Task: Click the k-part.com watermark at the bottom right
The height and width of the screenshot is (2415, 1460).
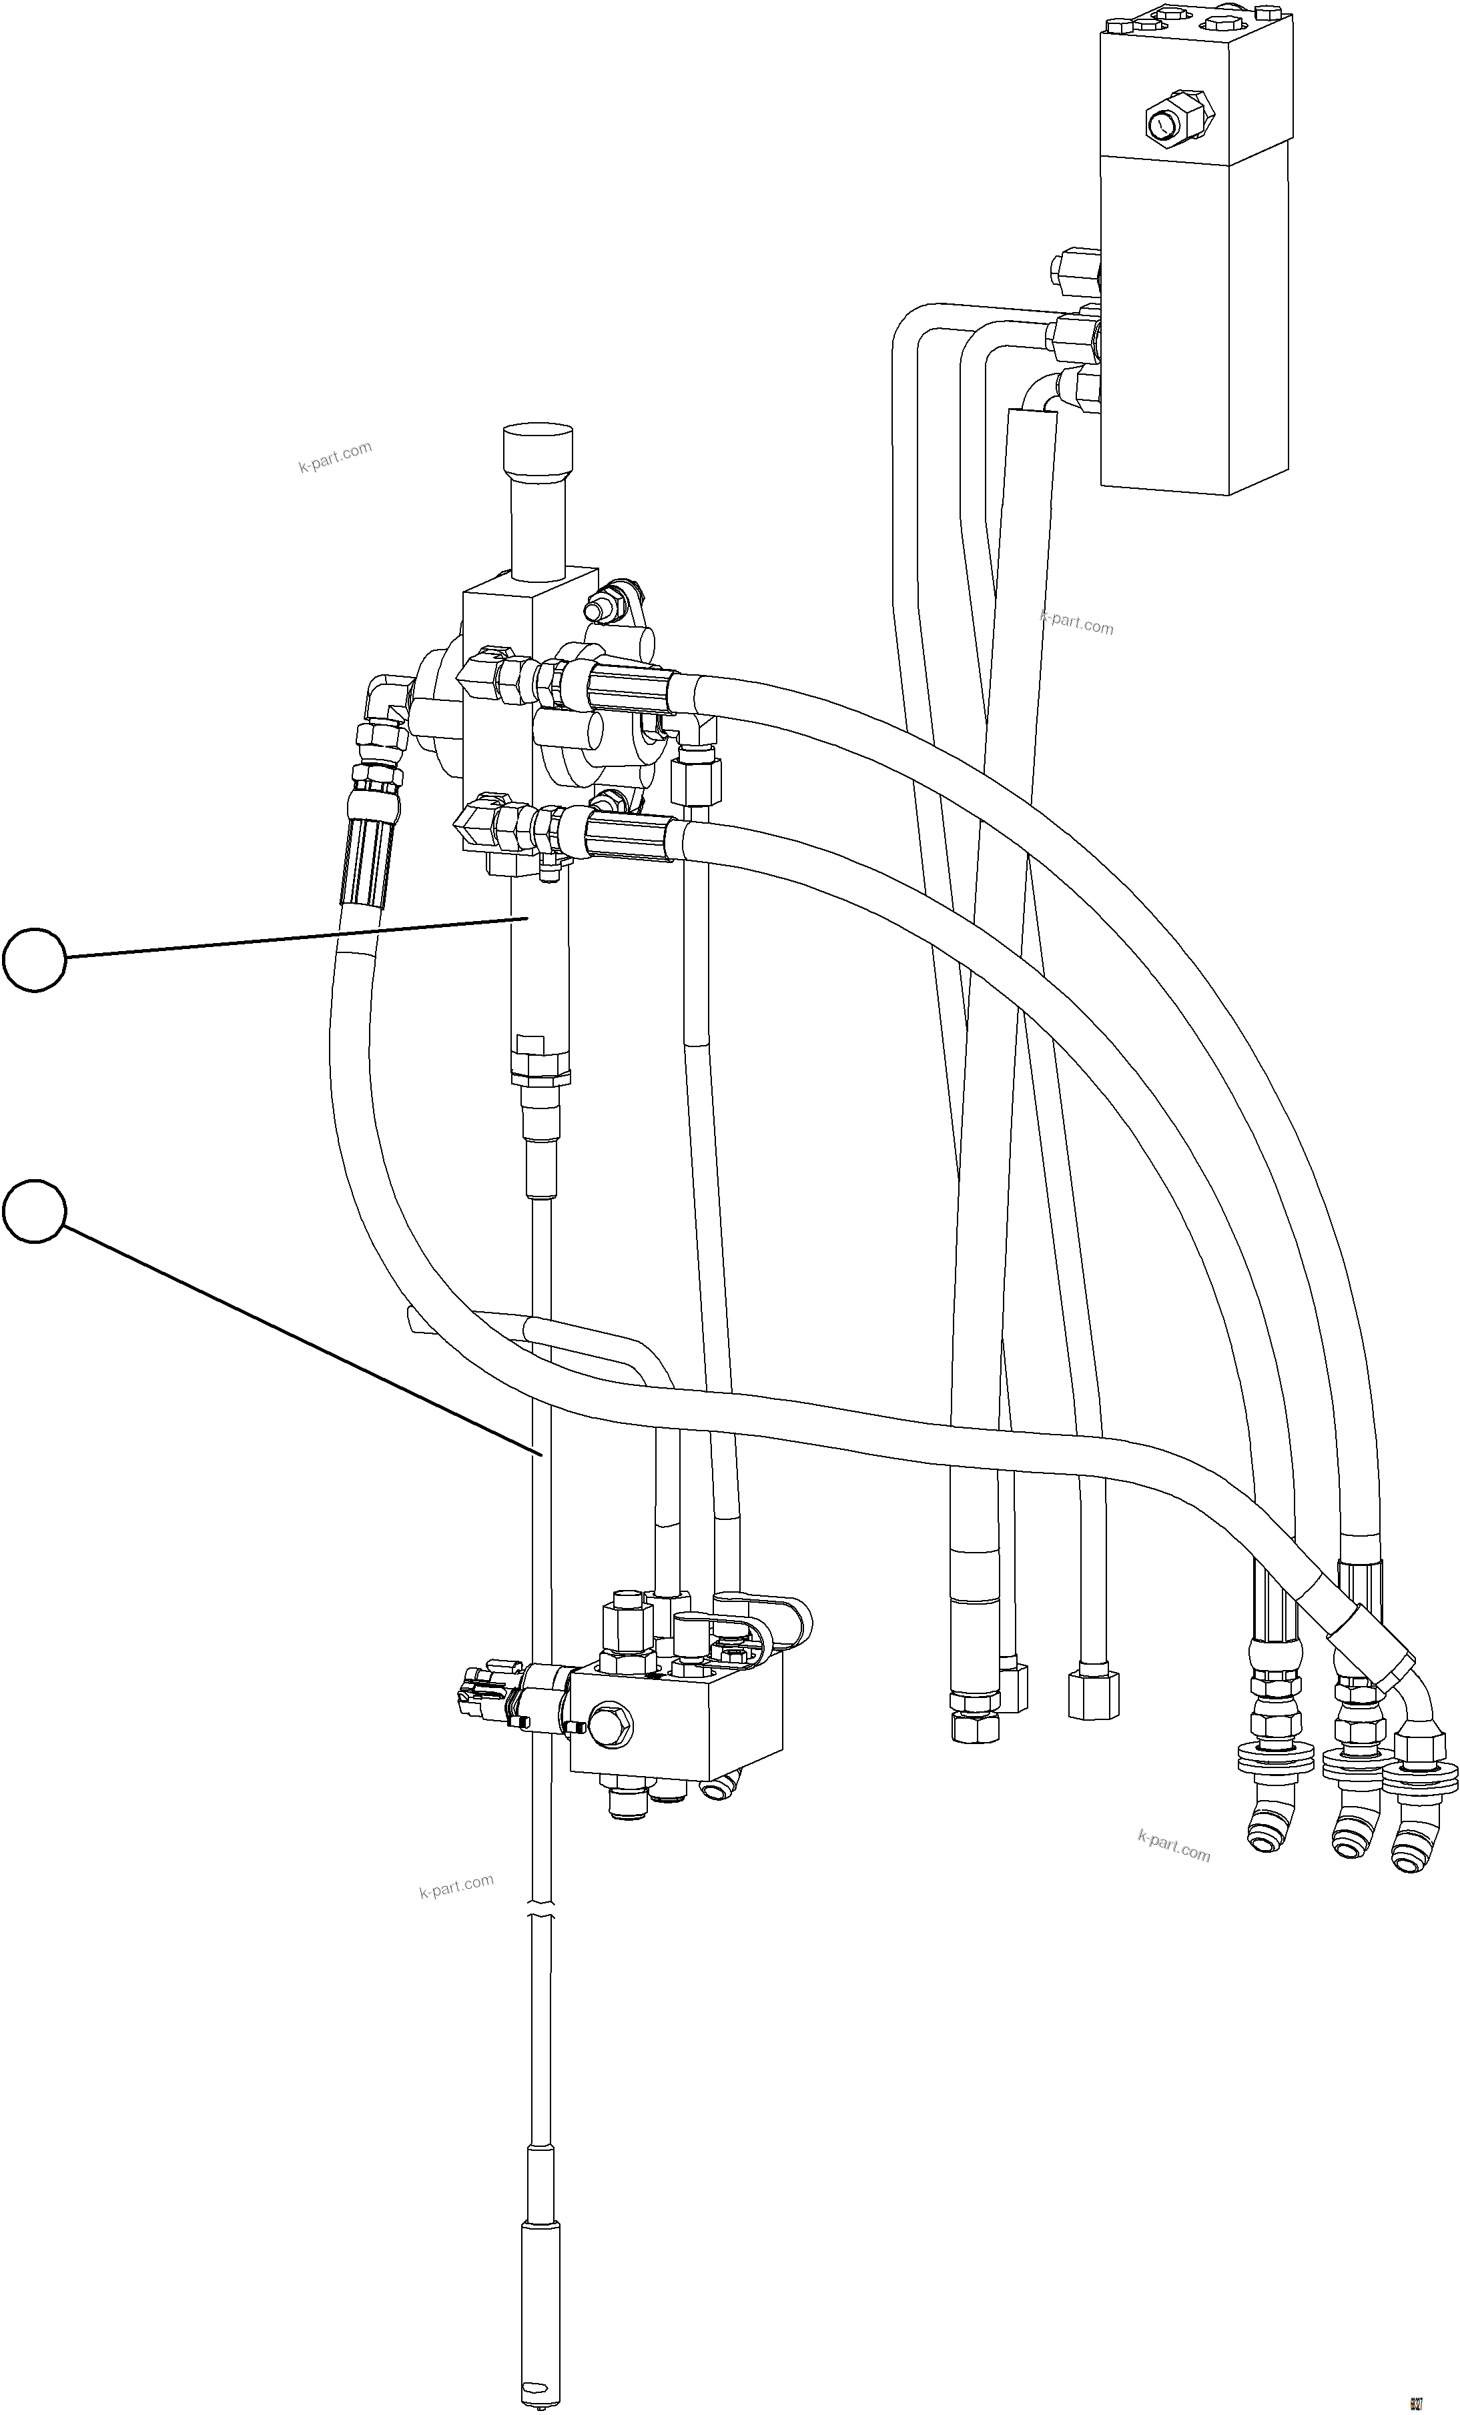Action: click(1174, 1845)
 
